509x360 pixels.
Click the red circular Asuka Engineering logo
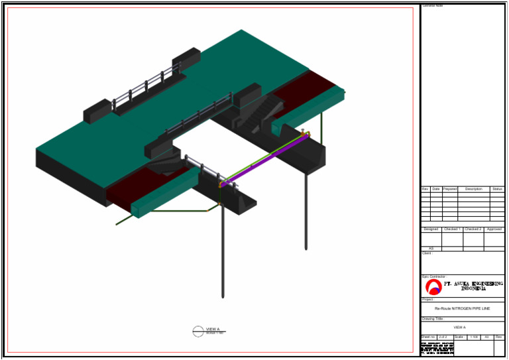433,286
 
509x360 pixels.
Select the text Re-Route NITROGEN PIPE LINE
462,309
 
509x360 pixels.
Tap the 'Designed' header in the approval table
431,229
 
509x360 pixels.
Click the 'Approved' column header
494,229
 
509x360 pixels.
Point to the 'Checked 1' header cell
452,229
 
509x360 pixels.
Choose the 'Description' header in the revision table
473,189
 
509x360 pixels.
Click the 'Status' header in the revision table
497,189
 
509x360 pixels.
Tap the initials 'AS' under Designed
431,249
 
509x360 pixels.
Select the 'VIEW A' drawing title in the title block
459,328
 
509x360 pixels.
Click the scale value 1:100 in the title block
473,337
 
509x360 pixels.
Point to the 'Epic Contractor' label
433,276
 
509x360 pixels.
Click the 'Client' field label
426,253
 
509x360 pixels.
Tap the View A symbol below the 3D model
198,330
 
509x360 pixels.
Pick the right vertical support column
306,212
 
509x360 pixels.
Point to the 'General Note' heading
433,6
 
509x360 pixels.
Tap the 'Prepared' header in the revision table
449,189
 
